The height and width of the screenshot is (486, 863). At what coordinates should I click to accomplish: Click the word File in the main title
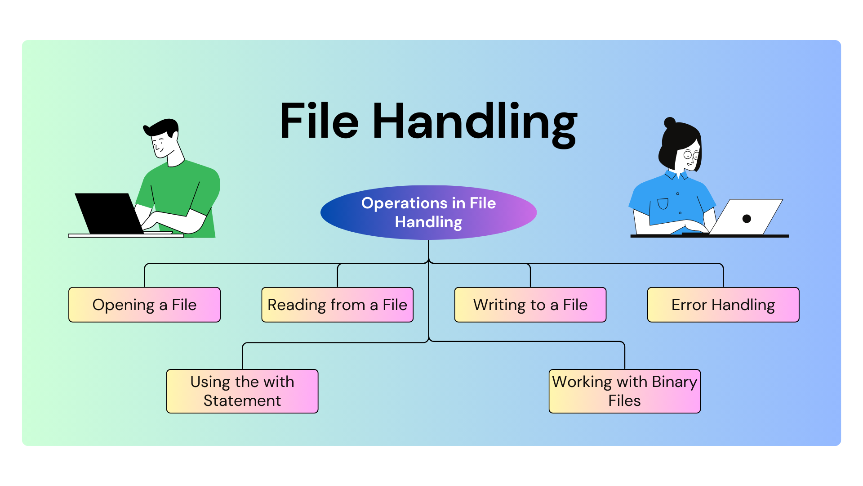319,121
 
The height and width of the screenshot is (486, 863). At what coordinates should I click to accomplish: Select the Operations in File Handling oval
428,212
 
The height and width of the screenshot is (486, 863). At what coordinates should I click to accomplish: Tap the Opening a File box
144,305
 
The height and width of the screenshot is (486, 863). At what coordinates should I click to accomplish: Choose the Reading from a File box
337,305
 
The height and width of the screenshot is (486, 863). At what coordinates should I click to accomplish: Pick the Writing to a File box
530,305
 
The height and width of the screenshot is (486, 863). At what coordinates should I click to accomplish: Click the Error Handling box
723,305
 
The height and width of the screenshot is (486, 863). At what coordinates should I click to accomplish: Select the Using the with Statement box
242,391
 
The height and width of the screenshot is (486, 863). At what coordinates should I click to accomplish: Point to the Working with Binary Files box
624,391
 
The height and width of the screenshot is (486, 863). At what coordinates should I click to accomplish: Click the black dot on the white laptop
747,219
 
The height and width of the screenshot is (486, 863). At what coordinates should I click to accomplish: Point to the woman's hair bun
670,122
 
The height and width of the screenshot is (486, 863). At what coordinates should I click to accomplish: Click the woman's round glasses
691,156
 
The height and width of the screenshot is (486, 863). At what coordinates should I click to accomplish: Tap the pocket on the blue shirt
663,204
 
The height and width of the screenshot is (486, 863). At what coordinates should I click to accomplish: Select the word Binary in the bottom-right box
674,382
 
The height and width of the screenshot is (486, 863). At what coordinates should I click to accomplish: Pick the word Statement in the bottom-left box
242,400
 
